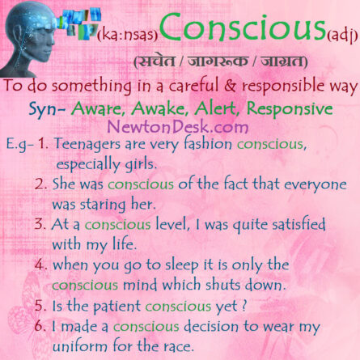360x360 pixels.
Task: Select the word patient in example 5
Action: (134, 306)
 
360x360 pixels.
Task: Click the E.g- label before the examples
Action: (21, 146)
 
